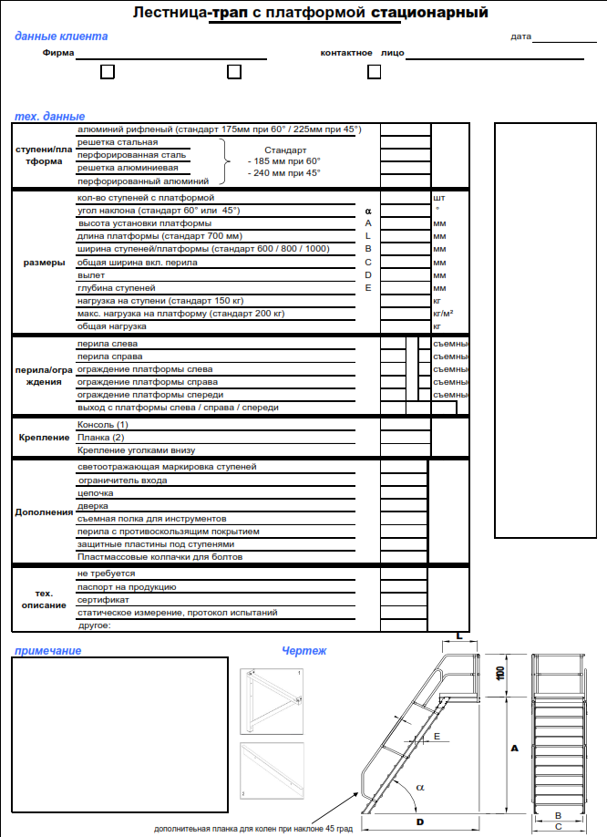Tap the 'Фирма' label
[58, 53]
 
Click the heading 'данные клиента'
[61, 36]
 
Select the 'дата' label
[520, 37]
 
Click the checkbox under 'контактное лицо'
[374, 72]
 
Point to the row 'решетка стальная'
[118, 142]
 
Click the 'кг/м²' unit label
[444, 314]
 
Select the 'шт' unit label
[439, 197]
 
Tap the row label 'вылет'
[91, 274]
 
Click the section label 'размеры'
[43, 263]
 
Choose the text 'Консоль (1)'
[103, 425]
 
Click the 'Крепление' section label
[44, 438]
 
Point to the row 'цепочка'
[94, 492]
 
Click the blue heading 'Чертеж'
[303, 651]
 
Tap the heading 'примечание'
[47, 650]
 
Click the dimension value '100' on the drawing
[500, 673]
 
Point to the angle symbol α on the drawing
[420, 785]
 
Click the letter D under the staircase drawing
[420, 821]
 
